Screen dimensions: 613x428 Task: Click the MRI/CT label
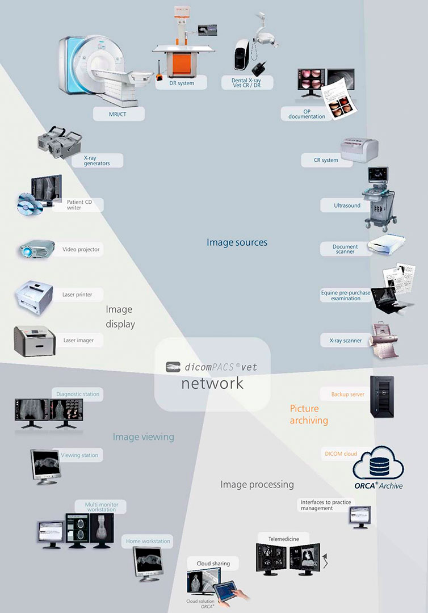(x=119, y=114)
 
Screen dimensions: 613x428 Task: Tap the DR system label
(x=182, y=83)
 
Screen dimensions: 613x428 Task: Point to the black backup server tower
(x=381, y=397)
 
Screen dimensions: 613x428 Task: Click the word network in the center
(x=212, y=383)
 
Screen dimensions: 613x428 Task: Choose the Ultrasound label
(x=347, y=205)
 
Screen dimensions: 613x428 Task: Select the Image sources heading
(x=237, y=242)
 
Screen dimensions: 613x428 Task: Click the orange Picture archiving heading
(x=309, y=414)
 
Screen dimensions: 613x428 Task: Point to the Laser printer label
(x=77, y=295)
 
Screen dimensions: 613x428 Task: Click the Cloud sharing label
(x=213, y=563)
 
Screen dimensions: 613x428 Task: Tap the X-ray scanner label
(x=345, y=341)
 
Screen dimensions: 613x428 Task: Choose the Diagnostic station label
(x=78, y=394)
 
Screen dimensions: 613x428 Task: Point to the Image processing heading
(x=257, y=485)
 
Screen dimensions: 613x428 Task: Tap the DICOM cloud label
(x=341, y=454)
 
